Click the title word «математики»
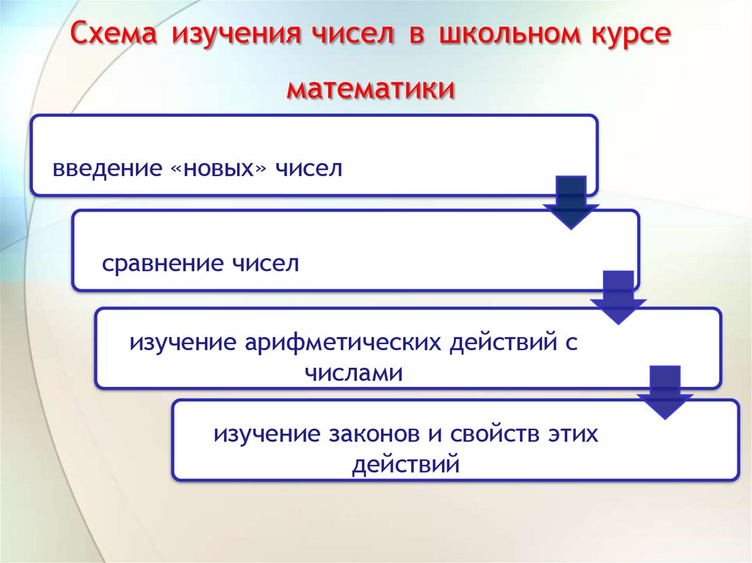370,90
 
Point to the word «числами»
354,373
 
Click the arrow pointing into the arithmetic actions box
618,297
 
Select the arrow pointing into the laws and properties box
665,391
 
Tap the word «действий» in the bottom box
405,465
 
